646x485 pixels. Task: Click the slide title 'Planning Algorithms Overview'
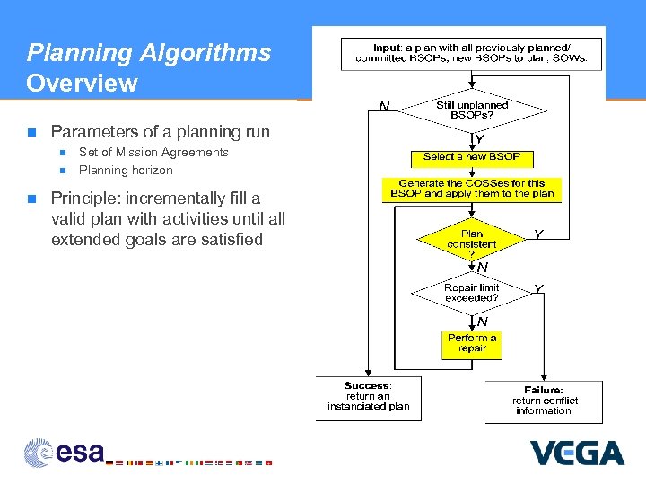tap(148, 68)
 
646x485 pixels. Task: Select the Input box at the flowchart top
tap(471, 53)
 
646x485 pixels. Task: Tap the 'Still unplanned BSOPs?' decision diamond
tap(471, 110)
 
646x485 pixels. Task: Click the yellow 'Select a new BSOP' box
tap(471, 157)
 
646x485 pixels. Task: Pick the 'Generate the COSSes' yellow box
tap(471, 189)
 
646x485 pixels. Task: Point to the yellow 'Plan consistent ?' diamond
tap(471, 239)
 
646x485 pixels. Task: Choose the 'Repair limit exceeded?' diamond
tap(471, 293)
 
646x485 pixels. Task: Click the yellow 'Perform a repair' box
tap(472, 344)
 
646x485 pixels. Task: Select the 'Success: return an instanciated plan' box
tap(368, 396)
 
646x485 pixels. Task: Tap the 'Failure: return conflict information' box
tap(545, 401)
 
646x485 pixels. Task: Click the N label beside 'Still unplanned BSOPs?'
tap(384, 107)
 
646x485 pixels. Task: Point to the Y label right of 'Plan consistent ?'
tap(538, 234)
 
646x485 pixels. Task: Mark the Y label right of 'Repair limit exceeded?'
tap(538, 288)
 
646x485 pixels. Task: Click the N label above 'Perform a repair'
tap(482, 322)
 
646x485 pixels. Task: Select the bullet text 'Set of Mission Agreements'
tap(153, 152)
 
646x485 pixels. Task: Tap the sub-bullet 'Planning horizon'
tap(126, 170)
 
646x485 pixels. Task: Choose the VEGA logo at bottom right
tap(576, 452)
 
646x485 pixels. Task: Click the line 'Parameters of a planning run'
tap(160, 132)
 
